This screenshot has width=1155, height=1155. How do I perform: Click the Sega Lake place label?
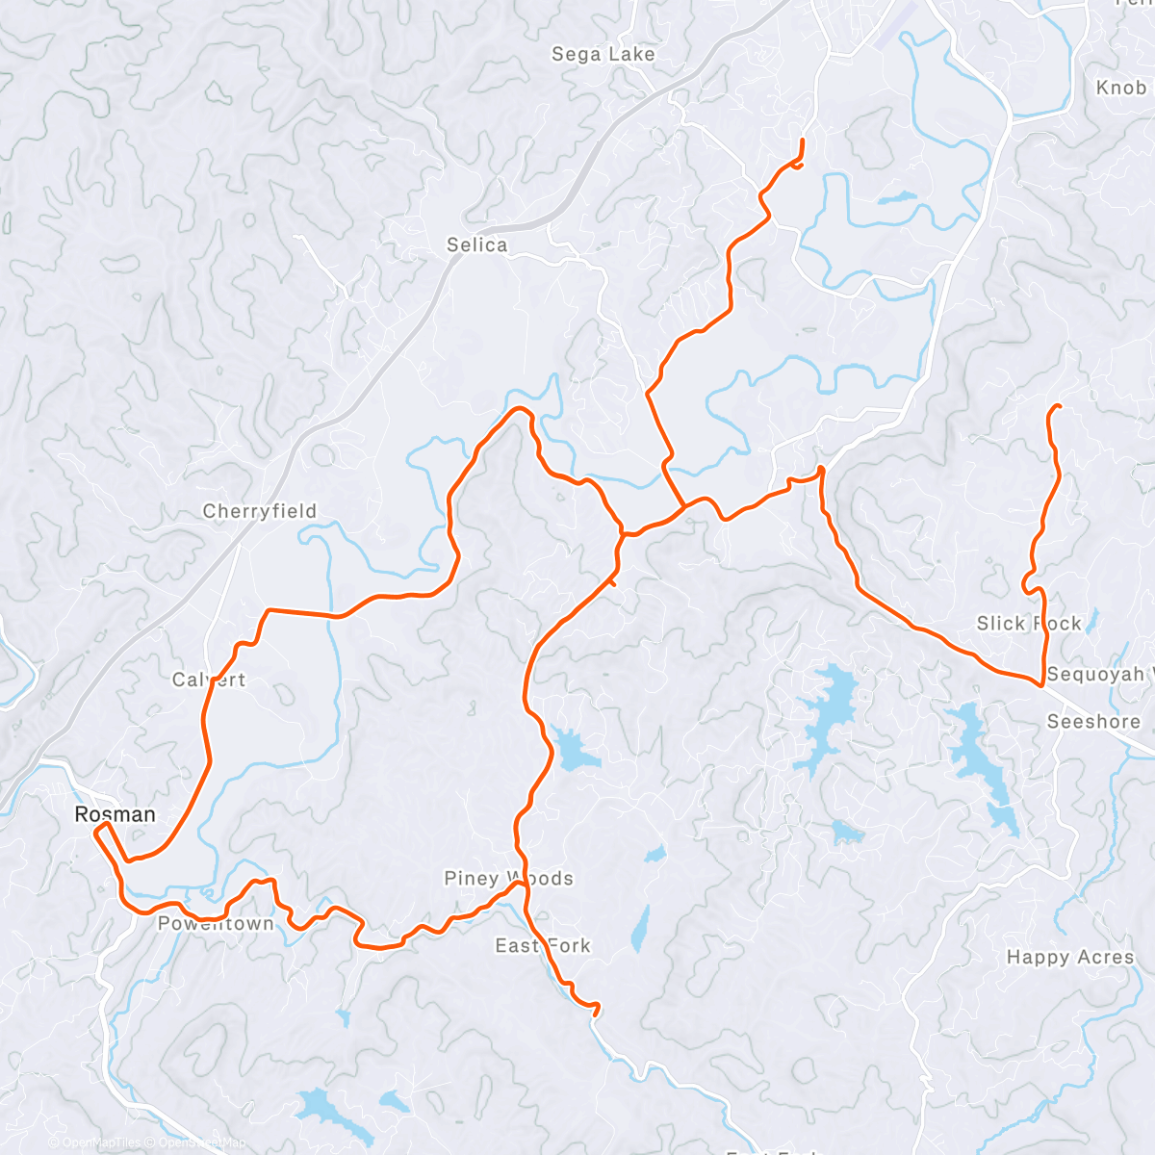(x=603, y=55)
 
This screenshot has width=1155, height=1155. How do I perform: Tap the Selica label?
(x=476, y=245)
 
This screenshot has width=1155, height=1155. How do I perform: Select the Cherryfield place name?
(x=259, y=511)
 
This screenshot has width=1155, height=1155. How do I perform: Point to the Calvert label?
(x=209, y=680)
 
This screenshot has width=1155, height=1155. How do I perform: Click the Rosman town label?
(x=115, y=814)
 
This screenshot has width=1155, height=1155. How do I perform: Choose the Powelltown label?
(x=216, y=924)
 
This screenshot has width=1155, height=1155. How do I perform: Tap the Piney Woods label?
(x=508, y=878)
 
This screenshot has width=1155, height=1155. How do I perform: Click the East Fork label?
(x=542, y=945)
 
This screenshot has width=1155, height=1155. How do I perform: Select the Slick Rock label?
(x=1029, y=624)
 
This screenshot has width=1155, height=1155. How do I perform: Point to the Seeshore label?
(x=1093, y=722)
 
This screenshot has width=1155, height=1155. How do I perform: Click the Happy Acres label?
(x=1070, y=957)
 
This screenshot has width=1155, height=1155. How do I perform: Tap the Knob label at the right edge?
(x=1121, y=88)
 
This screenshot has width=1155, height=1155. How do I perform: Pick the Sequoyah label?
(x=1097, y=674)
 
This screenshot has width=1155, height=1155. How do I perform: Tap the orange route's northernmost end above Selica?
(x=802, y=141)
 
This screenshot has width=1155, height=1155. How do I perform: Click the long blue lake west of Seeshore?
(x=982, y=760)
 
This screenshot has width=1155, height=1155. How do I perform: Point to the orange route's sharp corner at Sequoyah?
(x=1042, y=685)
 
